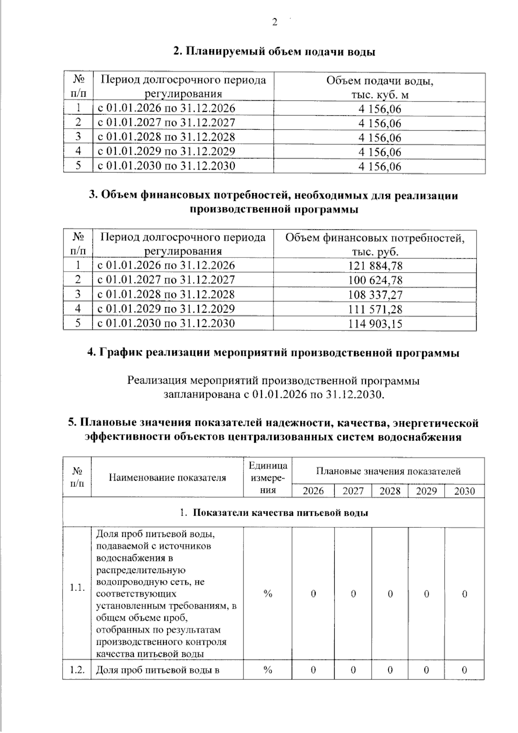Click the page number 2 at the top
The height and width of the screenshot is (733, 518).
(275, 23)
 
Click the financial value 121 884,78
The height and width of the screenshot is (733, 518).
(375, 266)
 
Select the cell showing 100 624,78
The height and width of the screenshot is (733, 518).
(375, 280)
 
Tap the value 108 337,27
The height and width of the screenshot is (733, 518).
(375, 295)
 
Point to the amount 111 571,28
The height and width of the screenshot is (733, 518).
(375, 309)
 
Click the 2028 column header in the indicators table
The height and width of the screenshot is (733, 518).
(390, 491)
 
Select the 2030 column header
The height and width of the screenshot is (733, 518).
(464, 491)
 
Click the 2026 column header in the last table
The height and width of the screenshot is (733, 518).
(313, 491)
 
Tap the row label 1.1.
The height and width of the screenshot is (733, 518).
(77, 588)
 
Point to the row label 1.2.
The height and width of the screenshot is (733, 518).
(77, 670)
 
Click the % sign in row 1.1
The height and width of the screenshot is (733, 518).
(268, 594)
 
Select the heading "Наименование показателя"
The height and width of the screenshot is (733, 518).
(167, 478)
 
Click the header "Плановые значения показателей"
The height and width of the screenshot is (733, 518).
(388, 471)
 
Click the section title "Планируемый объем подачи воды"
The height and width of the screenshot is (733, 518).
(274, 52)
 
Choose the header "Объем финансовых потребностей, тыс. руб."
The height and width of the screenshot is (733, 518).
(375, 244)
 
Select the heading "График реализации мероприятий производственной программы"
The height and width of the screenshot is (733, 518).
(273, 353)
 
